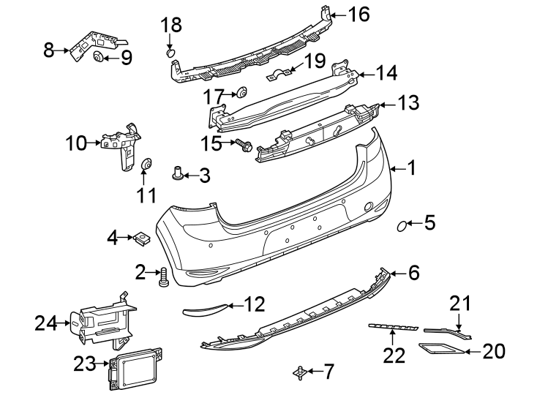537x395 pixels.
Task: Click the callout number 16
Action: tap(359, 14)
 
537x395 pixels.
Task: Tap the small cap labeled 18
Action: tap(170, 52)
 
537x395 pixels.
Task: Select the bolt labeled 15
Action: tap(244, 146)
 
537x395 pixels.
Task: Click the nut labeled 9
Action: tap(97, 58)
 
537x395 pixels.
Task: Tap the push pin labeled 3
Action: tap(177, 173)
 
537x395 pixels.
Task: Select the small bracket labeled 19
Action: tap(279, 75)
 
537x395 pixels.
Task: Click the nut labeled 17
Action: tap(241, 93)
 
